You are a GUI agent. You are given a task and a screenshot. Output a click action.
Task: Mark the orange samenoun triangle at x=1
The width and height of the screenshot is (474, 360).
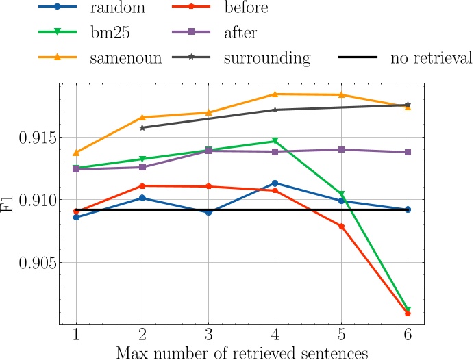coord(75,152)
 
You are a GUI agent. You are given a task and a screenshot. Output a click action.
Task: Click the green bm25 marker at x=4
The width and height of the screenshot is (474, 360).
coord(275,141)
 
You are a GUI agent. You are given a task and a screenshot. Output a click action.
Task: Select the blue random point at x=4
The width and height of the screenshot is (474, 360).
coord(275,183)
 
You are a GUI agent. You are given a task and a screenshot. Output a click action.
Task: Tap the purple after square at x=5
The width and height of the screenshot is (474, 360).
coord(341,149)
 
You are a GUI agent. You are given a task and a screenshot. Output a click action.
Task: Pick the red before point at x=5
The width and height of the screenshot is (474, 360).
coord(341,227)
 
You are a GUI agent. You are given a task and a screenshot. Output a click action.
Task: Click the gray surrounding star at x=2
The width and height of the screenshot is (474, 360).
coord(142,127)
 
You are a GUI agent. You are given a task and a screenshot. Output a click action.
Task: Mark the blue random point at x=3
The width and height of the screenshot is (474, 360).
coord(208,212)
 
